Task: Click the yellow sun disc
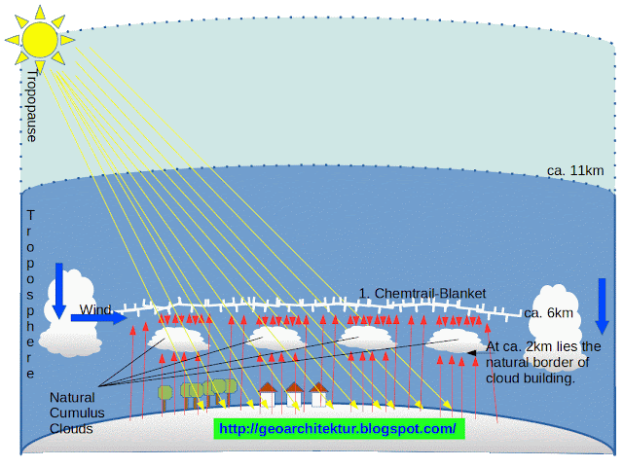click(x=40, y=40)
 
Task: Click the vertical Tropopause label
click(x=31, y=106)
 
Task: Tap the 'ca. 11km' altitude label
click(x=575, y=171)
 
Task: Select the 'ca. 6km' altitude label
click(x=548, y=313)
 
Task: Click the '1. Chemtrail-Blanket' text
click(x=422, y=294)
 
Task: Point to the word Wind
click(x=95, y=309)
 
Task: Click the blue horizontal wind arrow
click(x=99, y=318)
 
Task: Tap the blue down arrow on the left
click(x=59, y=291)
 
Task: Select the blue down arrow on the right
click(x=602, y=306)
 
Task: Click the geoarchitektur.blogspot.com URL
click(x=339, y=429)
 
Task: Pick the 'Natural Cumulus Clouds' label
click(x=77, y=413)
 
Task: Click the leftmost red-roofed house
click(x=268, y=394)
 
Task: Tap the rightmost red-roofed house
click(x=318, y=394)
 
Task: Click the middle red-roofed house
click(x=294, y=394)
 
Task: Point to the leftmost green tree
click(x=165, y=398)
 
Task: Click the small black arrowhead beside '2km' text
click(x=471, y=353)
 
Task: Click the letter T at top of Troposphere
click(x=30, y=216)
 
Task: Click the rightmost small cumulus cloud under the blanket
click(x=455, y=341)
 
